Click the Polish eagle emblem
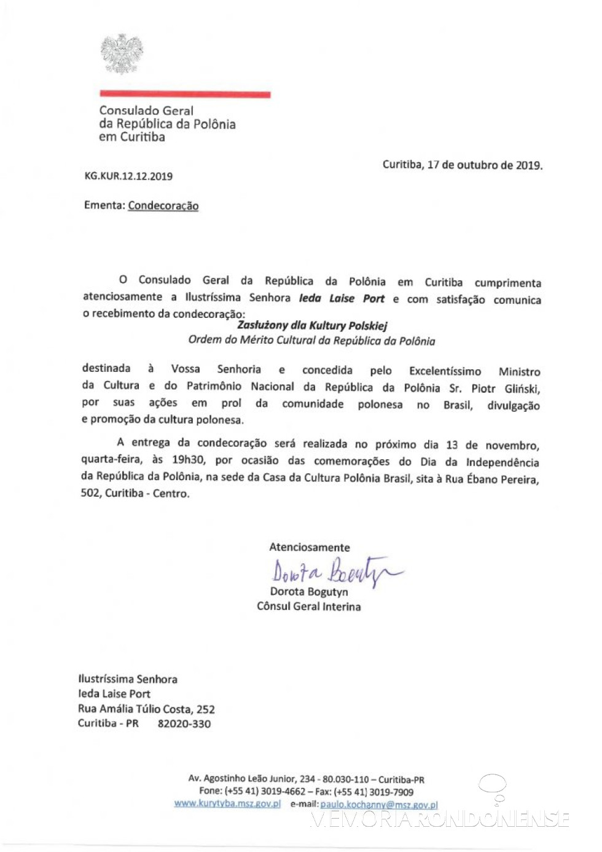tap(122, 54)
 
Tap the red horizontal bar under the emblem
tap(185, 94)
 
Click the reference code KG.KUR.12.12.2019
tap(128, 176)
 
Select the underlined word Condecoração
tap(163, 206)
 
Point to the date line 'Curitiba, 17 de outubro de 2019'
tap(462, 165)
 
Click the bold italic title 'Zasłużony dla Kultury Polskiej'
tap(312, 326)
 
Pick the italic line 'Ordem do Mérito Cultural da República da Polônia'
tap(311, 341)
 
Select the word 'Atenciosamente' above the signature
tap(309, 547)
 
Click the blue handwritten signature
tap(335, 571)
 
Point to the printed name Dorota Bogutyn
tap(309, 591)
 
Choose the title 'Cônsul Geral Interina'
tap(308, 607)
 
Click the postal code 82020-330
tap(184, 724)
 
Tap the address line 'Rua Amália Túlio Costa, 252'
tap(146, 709)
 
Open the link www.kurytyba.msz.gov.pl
tap(227, 803)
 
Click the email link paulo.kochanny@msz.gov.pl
tap(378, 805)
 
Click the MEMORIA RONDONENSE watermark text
tap(440, 819)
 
